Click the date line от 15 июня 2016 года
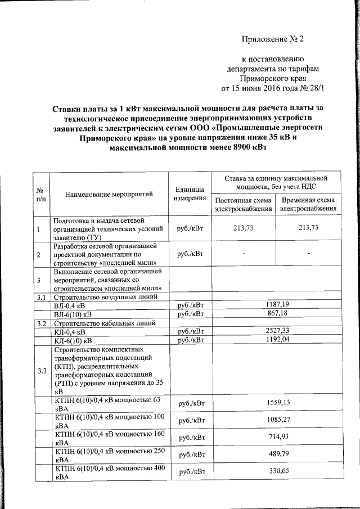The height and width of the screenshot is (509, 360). pyautogui.click(x=273, y=88)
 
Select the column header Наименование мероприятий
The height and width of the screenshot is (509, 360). pyautogui.click(x=110, y=195)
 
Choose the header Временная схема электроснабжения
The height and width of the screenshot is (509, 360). pyautogui.click(x=308, y=204)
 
